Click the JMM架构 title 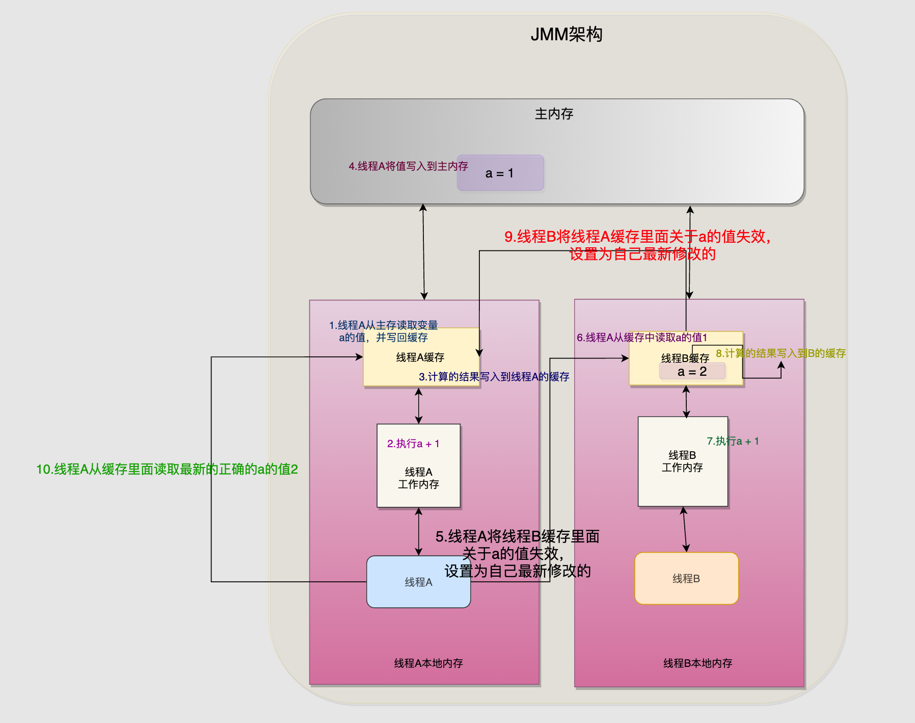(x=566, y=35)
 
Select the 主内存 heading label (x=554, y=114)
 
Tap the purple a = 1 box (x=500, y=173)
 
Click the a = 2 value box (x=692, y=372)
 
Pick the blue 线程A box (x=418, y=582)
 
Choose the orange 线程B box (x=686, y=579)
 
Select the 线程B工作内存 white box (x=682, y=461)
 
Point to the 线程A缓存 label (x=420, y=357)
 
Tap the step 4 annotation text (x=408, y=166)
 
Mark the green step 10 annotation (x=167, y=469)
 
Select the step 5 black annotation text (x=517, y=554)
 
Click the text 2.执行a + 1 (x=413, y=444)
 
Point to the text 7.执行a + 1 (x=733, y=441)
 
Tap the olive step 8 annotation (x=781, y=353)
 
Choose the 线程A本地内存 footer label (x=428, y=663)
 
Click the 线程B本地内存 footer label (x=697, y=663)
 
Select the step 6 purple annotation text (x=641, y=338)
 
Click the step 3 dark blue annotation (x=494, y=377)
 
